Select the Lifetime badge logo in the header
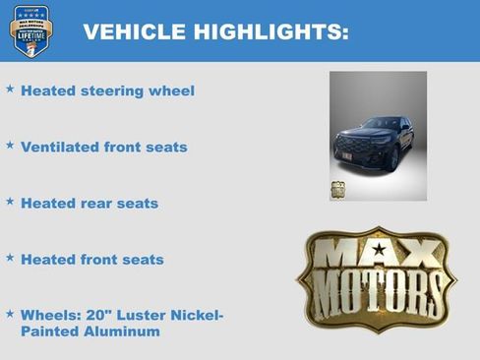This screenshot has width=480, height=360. [30, 30]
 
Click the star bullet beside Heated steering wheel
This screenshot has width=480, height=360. [10, 89]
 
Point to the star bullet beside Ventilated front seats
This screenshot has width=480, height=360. [10, 145]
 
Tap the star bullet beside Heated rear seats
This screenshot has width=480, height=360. [10, 201]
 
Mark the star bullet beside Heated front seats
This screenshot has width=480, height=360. [10, 257]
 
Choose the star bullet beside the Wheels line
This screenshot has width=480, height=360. [10, 314]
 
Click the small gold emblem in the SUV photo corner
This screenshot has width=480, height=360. [337, 190]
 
